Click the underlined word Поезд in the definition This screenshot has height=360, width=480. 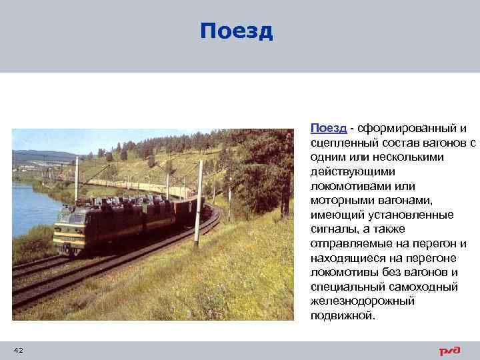click(x=327, y=128)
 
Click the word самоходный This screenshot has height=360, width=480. click(x=421, y=287)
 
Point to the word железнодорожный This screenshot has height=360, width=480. click(x=362, y=301)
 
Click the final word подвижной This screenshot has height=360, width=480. click(x=343, y=316)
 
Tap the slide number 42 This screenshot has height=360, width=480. click(x=18, y=350)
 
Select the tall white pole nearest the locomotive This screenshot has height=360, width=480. click(x=199, y=200)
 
